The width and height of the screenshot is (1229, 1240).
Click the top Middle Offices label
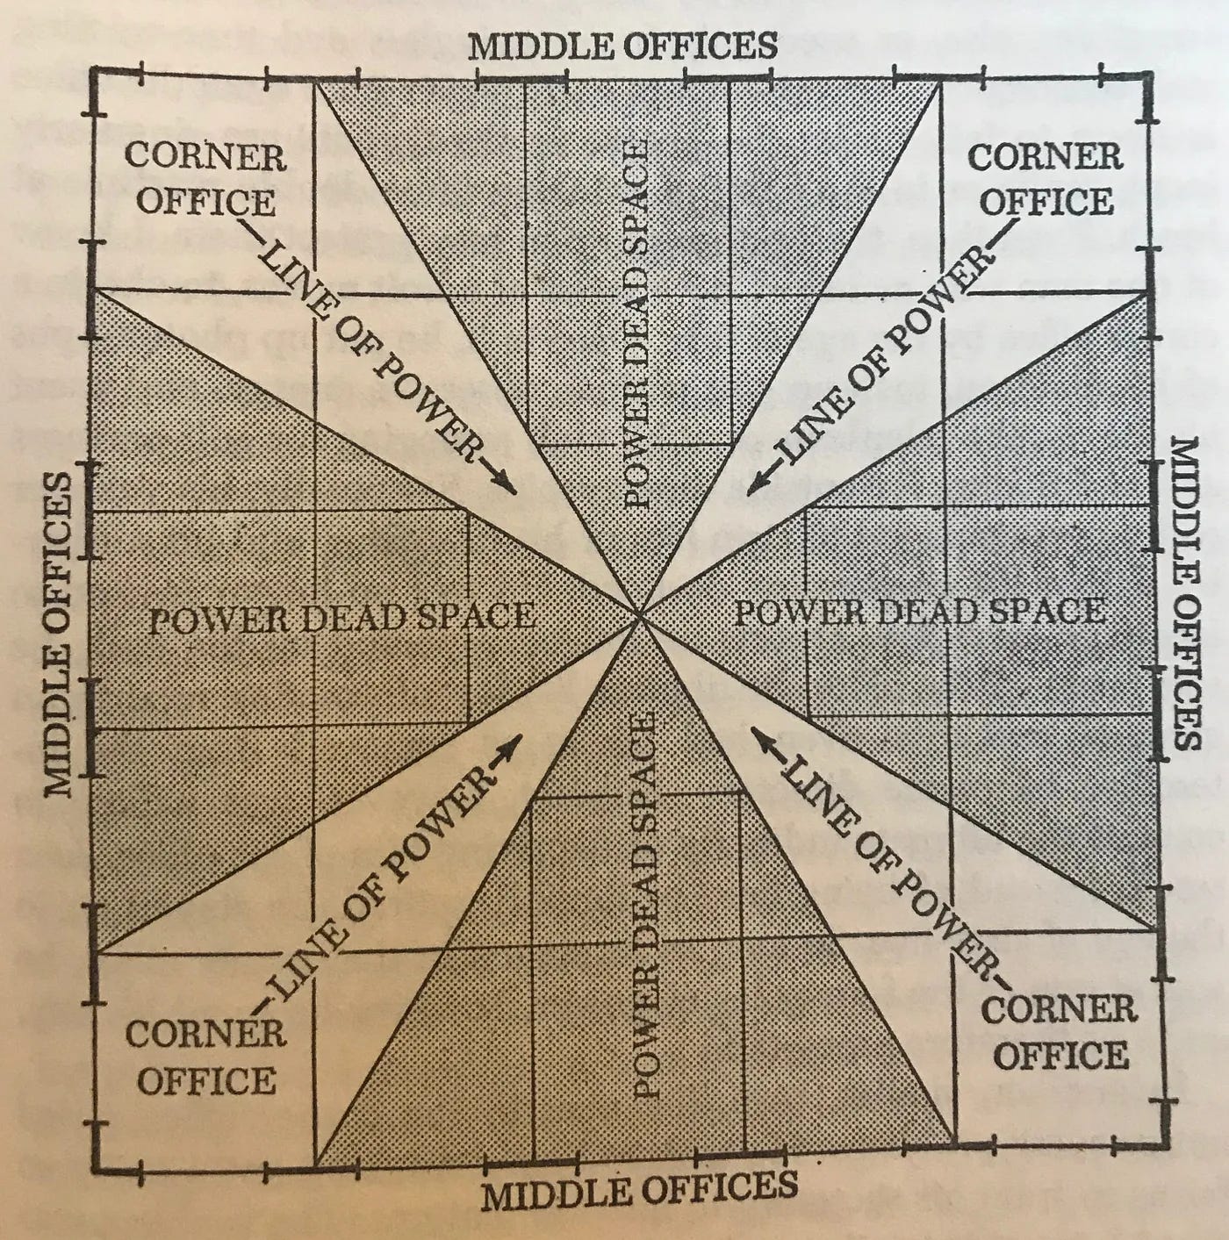[x=622, y=45]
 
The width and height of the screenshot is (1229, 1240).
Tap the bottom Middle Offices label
[x=639, y=1190]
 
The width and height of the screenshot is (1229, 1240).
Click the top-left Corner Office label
[x=205, y=179]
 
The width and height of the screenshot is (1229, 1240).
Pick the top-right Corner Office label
[x=1046, y=179]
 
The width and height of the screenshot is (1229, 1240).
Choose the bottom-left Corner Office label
[x=205, y=1057]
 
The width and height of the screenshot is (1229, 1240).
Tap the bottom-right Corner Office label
[x=1059, y=1032]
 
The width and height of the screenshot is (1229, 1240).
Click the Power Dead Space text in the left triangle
[x=341, y=618]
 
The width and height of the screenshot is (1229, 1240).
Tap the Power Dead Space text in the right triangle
[x=919, y=611]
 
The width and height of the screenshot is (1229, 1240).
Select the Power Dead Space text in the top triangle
[x=636, y=325]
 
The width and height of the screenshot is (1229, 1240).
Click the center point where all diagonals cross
[x=642, y=616]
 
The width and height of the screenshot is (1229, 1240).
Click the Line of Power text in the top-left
[x=369, y=352]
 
